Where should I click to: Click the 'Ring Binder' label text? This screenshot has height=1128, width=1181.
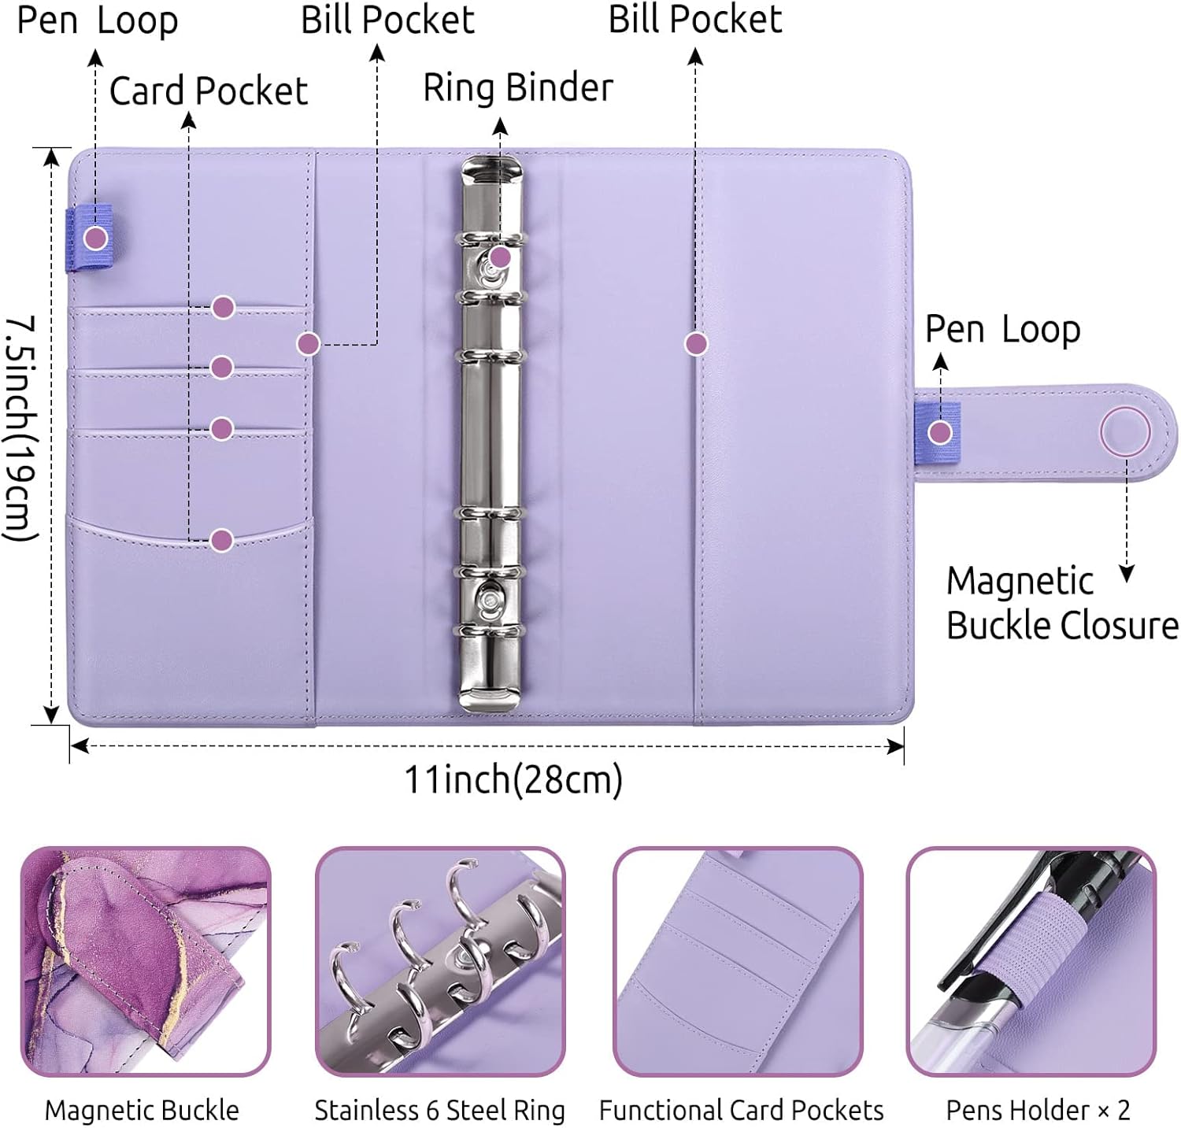point(517,87)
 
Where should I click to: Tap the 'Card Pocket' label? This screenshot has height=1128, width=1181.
point(208,91)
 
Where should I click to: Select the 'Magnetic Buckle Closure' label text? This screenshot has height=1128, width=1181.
point(1061,604)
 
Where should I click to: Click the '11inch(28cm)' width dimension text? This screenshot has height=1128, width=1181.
point(513,780)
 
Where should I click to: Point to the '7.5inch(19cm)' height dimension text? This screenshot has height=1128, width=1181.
point(21,428)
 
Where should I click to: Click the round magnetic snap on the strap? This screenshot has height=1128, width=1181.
point(1125,431)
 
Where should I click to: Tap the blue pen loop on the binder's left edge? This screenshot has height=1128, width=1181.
point(88,238)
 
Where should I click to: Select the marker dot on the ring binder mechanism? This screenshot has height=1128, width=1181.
point(500,257)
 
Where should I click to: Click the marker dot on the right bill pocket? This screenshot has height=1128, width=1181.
point(695,343)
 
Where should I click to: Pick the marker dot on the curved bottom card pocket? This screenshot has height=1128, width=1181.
point(222,540)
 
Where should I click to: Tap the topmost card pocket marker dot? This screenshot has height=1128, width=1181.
point(224,307)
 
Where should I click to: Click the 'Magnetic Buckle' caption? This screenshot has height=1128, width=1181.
point(142,1110)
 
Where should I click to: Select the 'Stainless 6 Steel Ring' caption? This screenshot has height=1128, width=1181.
point(439,1110)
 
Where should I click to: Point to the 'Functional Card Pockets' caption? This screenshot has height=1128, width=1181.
point(741,1110)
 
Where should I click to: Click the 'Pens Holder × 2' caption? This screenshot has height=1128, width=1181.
point(1038,1110)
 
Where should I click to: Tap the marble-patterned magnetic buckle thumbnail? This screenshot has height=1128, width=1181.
point(145,961)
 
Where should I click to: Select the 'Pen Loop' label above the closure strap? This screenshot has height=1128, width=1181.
point(1002,330)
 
